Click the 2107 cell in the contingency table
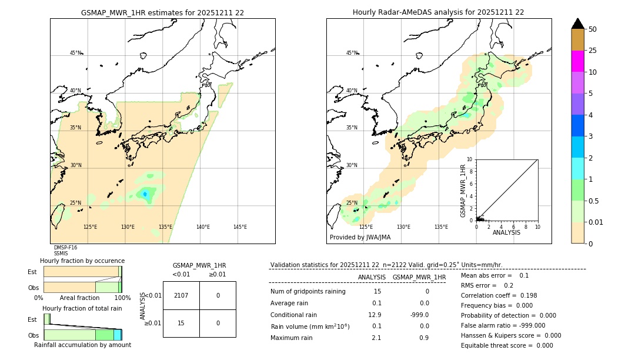pyautogui.click(x=181, y=295)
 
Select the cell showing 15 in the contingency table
pyautogui.click(x=181, y=323)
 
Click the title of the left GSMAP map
pyautogui.click(x=162, y=12)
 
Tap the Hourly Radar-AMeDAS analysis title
pyautogui.click(x=438, y=12)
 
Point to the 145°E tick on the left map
pyautogui.click(x=240, y=227)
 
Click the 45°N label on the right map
pyautogui.click(x=352, y=53)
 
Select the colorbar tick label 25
pyautogui.click(x=593, y=51)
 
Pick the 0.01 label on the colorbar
pyautogui.click(x=596, y=222)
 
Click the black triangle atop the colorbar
pyautogui.click(x=578, y=24)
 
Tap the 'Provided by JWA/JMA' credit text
pyautogui.click(x=360, y=238)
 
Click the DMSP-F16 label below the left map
pyautogui.click(x=65, y=248)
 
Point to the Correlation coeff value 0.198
pyautogui.click(x=524, y=295)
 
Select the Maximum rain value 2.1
pyautogui.click(x=376, y=338)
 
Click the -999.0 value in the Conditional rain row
pyautogui.click(x=420, y=315)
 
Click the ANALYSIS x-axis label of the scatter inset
pyautogui.click(x=506, y=233)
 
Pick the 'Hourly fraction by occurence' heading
pyautogui.click(x=82, y=261)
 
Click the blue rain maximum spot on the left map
pyautogui.click(x=145, y=194)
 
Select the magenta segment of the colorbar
pyautogui.click(x=578, y=61)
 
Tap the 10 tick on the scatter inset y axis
pyautogui.click(x=470, y=159)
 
